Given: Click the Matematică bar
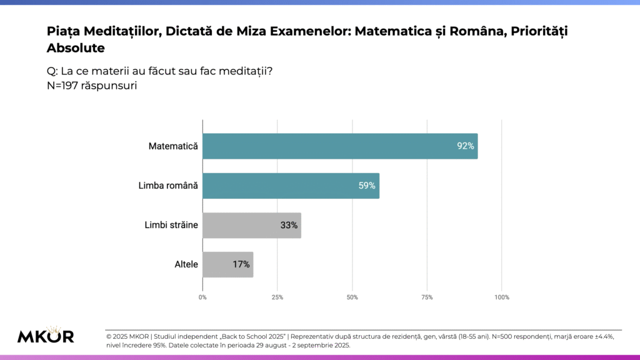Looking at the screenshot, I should (340, 146).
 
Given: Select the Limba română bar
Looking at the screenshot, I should (291, 186).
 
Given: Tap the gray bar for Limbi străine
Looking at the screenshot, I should (252, 225).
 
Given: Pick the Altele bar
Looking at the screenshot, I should (228, 264).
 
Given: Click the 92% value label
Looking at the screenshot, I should (466, 146).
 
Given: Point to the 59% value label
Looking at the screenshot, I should (366, 186).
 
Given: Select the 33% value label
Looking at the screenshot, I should (289, 225).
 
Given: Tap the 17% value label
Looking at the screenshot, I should (241, 264).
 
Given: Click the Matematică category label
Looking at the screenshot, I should (173, 146).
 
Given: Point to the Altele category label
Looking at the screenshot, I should (186, 264).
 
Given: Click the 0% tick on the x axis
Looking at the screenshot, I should (202, 297).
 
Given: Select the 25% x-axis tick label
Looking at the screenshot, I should (277, 297).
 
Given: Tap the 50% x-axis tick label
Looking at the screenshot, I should (352, 297).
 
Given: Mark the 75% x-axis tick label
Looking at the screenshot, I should (427, 297).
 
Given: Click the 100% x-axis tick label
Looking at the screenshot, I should (502, 297).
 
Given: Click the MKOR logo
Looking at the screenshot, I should (46, 335).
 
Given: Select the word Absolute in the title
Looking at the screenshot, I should (76, 48).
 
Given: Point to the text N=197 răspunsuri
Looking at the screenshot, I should (92, 86).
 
